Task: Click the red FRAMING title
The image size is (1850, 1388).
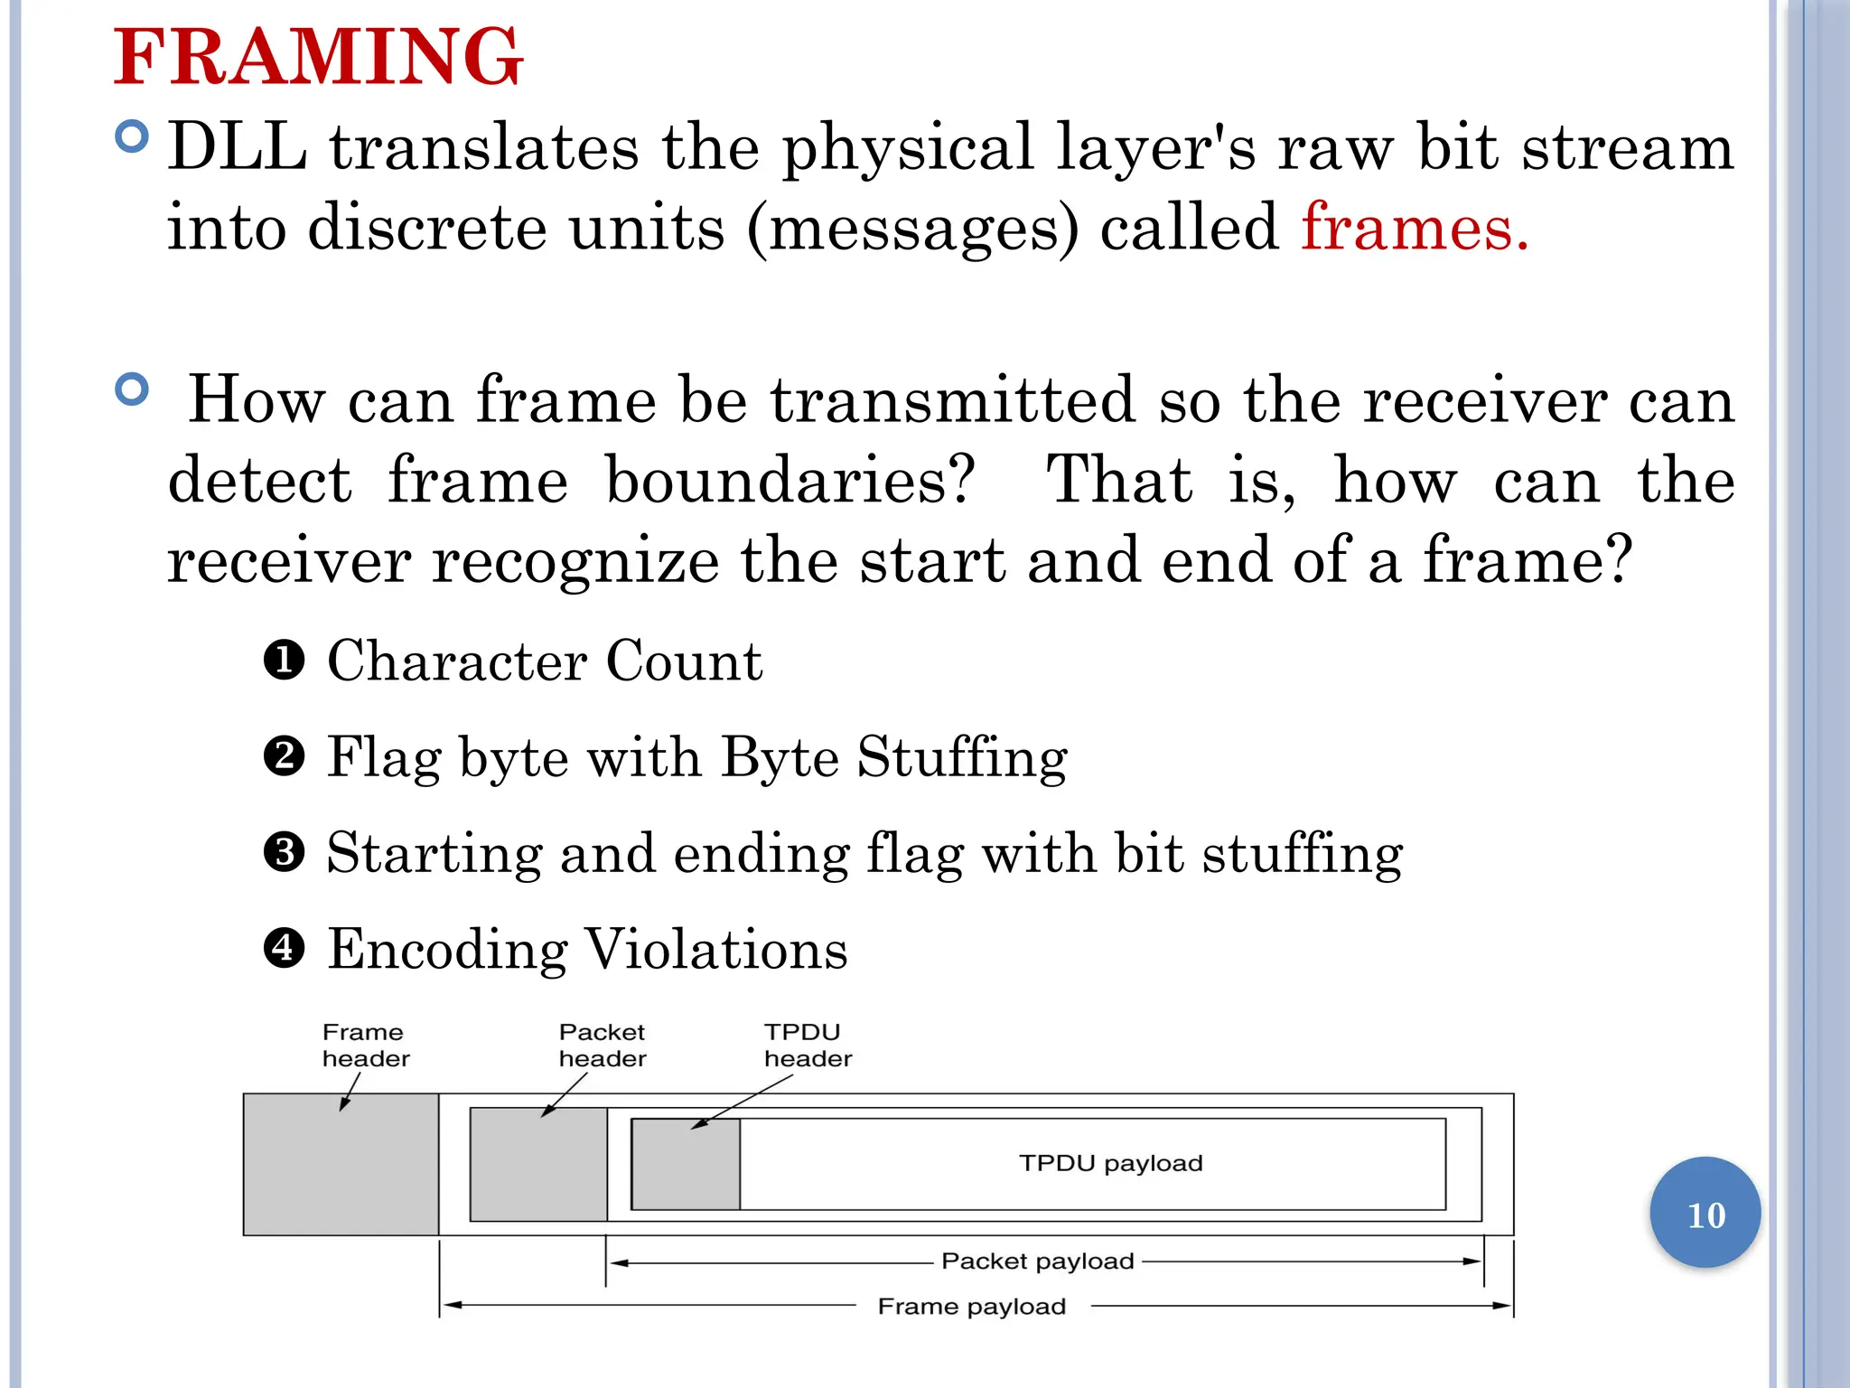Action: (x=318, y=57)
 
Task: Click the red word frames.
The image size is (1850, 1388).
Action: (x=1414, y=227)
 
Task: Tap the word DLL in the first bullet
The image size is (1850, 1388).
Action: (x=237, y=147)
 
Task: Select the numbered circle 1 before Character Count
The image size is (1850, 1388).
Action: (x=284, y=660)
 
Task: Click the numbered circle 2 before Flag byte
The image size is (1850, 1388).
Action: (x=284, y=755)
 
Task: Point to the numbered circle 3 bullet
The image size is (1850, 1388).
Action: (x=284, y=852)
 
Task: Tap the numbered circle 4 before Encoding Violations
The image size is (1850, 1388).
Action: (x=284, y=948)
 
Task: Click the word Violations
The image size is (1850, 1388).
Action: (x=716, y=949)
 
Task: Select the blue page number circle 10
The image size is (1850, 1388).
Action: (x=1705, y=1213)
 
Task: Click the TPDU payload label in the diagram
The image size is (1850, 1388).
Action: (x=1110, y=1163)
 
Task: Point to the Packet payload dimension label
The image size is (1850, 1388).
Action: (x=1037, y=1261)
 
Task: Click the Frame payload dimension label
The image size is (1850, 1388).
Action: (x=972, y=1306)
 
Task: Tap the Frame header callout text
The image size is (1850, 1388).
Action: (x=365, y=1045)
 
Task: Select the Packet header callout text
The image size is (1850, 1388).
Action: (x=602, y=1045)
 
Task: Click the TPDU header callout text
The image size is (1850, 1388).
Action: (x=807, y=1045)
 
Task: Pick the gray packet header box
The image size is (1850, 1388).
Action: (x=538, y=1166)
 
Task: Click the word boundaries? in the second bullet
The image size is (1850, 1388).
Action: (x=790, y=480)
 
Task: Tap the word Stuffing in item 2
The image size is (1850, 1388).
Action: (x=962, y=757)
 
